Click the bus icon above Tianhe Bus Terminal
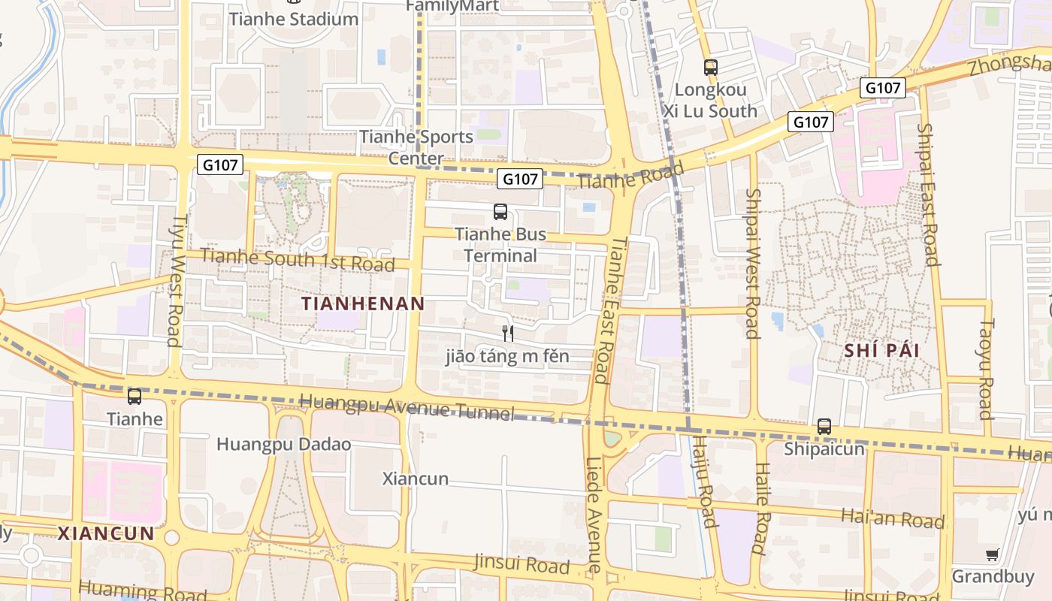click(x=500, y=212)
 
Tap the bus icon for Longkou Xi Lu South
click(x=711, y=68)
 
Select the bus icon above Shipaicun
click(x=824, y=427)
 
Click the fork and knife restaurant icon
click(x=508, y=333)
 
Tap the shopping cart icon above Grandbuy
click(x=993, y=555)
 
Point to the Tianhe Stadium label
click(x=294, y=19)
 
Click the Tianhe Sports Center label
click(x=416, y=147)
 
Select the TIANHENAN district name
click(x=363, y=304)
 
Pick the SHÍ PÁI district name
click(x=882, y=351)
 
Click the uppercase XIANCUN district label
click(x=106, y=534)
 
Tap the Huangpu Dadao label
click(x=283, y=444)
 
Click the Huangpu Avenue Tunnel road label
click(x=407, y=406)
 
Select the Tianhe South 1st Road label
click(x=298, y=260)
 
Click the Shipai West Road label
click(x=752, y=263)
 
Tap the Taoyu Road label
click(x=985, y=369)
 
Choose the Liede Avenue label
click(x=594, y=515)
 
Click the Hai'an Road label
click(x=893, y=518)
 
